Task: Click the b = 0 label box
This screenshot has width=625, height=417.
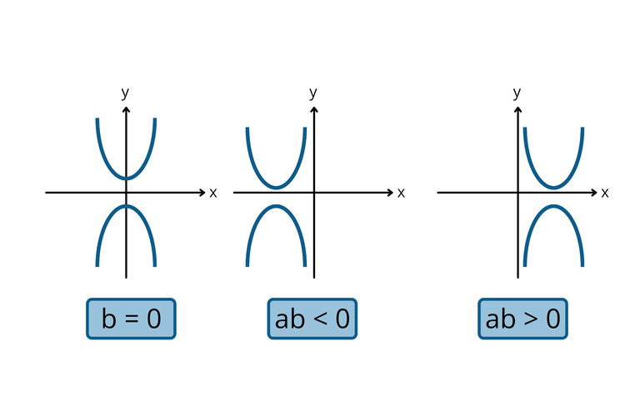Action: (x=131, y=319)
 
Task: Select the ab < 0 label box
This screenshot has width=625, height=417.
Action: (x=312, y=319)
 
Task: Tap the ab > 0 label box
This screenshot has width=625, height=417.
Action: (x=522, y=319)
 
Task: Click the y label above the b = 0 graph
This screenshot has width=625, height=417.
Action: (x=125, y=93)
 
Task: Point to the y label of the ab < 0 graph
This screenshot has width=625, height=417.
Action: (x=313, y=93)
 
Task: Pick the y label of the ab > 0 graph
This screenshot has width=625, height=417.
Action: (x=517, y=93)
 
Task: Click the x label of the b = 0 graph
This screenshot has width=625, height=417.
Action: (x=213, y=193)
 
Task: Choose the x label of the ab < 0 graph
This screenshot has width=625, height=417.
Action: (x=401, y=193)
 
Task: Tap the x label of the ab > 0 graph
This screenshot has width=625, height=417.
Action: (x=605, y=193)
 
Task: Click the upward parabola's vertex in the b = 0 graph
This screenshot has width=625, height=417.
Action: (x=126, y=178)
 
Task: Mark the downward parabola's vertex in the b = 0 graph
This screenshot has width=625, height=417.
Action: (x=126, y=206)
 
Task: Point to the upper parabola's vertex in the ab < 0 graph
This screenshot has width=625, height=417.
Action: (x=276, y=188)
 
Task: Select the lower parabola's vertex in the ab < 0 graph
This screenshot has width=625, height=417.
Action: (x=276, y=206)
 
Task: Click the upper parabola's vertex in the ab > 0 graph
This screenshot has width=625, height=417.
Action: (x=553, y=188)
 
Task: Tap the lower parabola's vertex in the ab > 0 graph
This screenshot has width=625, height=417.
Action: (x=553, y=206)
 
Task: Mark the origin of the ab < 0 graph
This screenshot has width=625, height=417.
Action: (x=314, y=193)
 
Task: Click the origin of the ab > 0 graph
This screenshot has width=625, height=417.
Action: (x=517, y=193)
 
